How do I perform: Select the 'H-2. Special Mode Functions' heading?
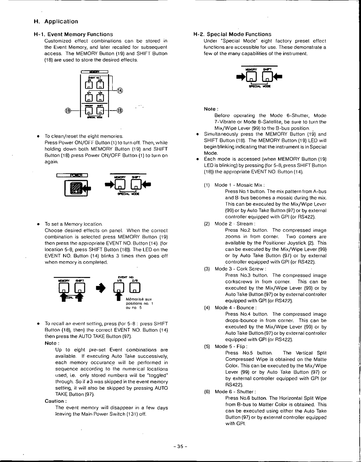(233, 34)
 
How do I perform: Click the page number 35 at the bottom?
(180, 447)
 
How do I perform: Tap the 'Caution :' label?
(56, 401)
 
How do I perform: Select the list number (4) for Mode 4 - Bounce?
(207, 308)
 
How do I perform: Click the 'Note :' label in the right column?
(211, 109)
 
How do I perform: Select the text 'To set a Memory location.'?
(74, 224)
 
